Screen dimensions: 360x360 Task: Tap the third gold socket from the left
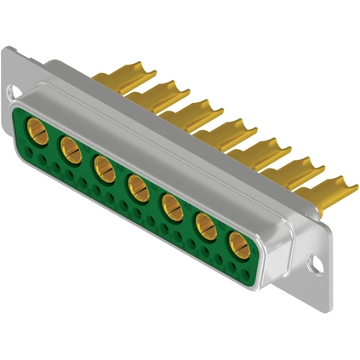(x=102, y=167)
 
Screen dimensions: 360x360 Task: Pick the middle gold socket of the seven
(x=136, y=185)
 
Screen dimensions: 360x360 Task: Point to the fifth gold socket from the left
(x=169, y=203)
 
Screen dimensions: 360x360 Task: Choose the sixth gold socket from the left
(x=203, y=223)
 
